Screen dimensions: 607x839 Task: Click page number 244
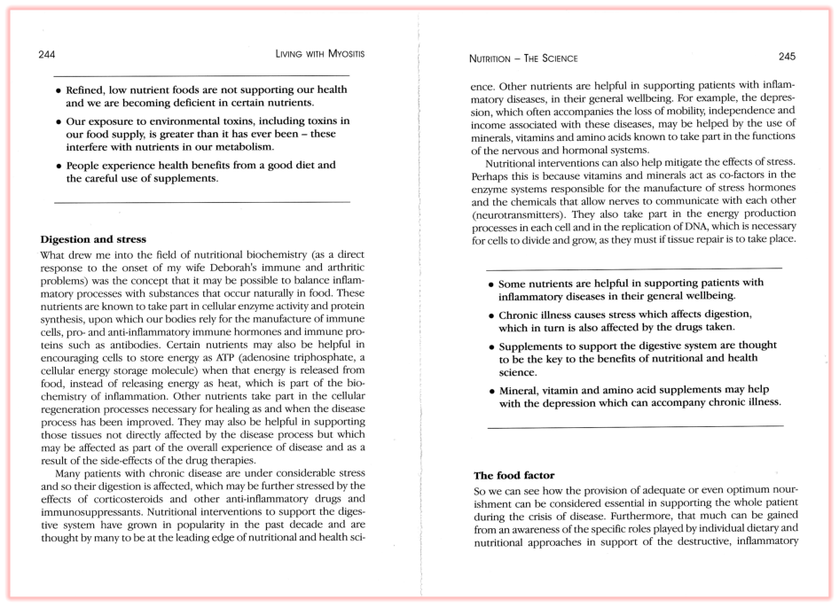[47, 55]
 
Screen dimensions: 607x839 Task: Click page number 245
[787, 57]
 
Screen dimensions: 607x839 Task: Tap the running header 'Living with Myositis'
[320, 55]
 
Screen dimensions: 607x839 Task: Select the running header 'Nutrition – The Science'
[522, 58]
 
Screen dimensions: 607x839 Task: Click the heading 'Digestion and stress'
[93, 239]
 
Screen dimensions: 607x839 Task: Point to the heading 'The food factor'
[514, 476]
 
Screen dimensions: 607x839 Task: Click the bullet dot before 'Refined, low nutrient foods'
[59, 91]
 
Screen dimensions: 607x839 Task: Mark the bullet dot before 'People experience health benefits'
[59, 166]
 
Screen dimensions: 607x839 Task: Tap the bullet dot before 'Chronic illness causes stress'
[491, 315]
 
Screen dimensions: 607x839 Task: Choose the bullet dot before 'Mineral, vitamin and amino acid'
[491, 391]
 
